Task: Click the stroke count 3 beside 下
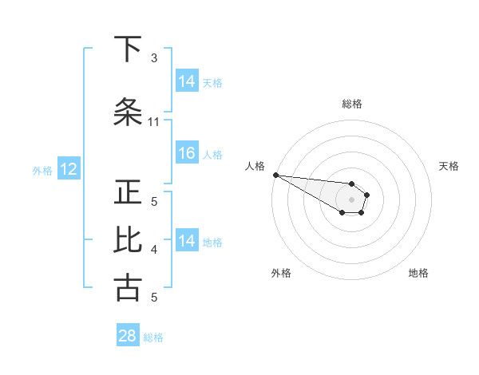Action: (154, 58)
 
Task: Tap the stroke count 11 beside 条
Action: (154, 122)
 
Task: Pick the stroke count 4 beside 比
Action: (154, 250)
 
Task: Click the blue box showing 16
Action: (187, 154)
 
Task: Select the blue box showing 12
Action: (68, 169)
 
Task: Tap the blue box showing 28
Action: (128, 336)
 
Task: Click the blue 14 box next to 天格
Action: (187, 81)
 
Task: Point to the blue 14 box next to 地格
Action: (187, 241)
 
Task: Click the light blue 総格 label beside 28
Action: (153, 337)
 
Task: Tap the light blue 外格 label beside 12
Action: (42, 170)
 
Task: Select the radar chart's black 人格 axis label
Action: (255, 166)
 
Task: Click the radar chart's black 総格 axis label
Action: (352, 104)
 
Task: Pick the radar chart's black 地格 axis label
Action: (418, 273)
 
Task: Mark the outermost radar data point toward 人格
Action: (275, 175)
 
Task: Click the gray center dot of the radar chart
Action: (352, 199)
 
